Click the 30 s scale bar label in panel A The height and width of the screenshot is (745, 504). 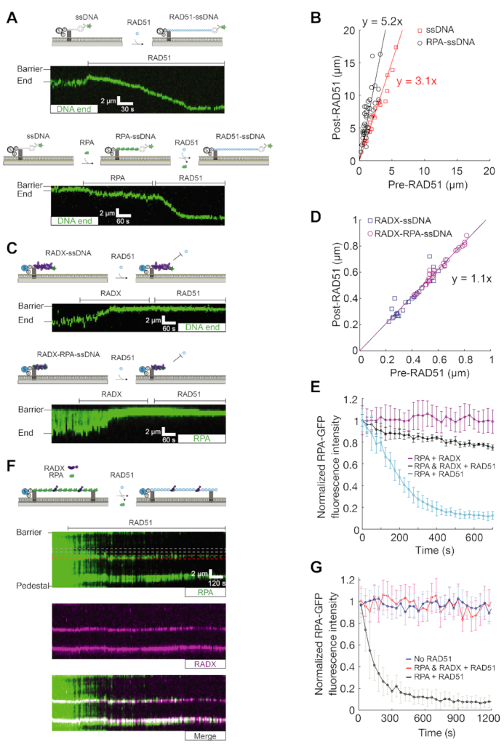point(127,109)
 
